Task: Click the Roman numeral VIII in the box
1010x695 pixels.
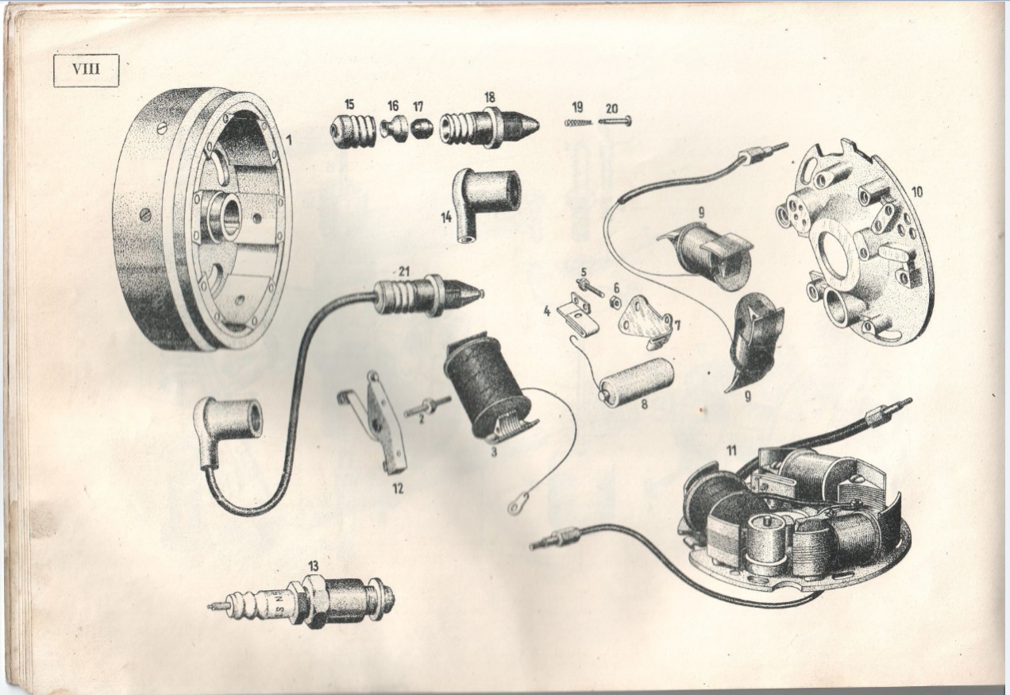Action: (86, 70)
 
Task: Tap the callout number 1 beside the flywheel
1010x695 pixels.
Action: (288, 141)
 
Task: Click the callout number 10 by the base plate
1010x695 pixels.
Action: (916, 192)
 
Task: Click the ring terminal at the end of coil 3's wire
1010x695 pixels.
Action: (514, 508)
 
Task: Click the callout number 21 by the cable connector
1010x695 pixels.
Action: (404, 272)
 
